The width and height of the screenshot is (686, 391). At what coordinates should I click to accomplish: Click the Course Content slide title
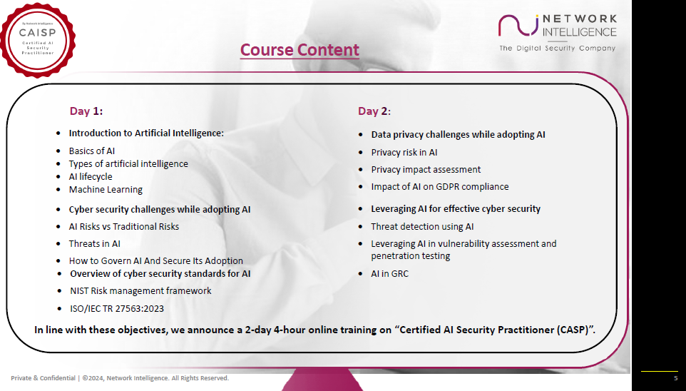pos(300,50)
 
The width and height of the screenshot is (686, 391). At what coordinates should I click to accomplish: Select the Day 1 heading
pos(86,111)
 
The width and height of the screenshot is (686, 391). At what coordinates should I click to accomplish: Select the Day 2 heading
pos(374,111)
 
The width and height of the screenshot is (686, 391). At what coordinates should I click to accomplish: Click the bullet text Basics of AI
pos(91,151)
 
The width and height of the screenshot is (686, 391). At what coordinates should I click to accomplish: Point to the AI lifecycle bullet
pos(91,177)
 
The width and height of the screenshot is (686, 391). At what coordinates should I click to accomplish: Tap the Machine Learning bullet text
pos(106,190)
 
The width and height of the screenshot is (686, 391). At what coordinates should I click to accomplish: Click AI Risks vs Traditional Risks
pos(123,227)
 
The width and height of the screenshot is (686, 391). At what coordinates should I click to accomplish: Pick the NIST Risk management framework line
pos(140,291)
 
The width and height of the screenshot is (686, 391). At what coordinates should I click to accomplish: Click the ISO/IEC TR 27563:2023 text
pos(118,308)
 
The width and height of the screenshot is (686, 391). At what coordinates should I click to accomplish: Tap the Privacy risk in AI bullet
pos(404,153)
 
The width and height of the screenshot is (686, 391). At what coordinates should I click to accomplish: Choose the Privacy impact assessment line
pos(426,170)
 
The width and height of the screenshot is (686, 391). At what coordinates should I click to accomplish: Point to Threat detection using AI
pos(422,227)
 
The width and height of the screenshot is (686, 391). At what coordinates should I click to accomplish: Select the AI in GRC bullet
pos(389,274)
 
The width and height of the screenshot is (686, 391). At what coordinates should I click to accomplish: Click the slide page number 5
pos(675,378)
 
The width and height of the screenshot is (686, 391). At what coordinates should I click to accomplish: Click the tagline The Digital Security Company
pos(556,49)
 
